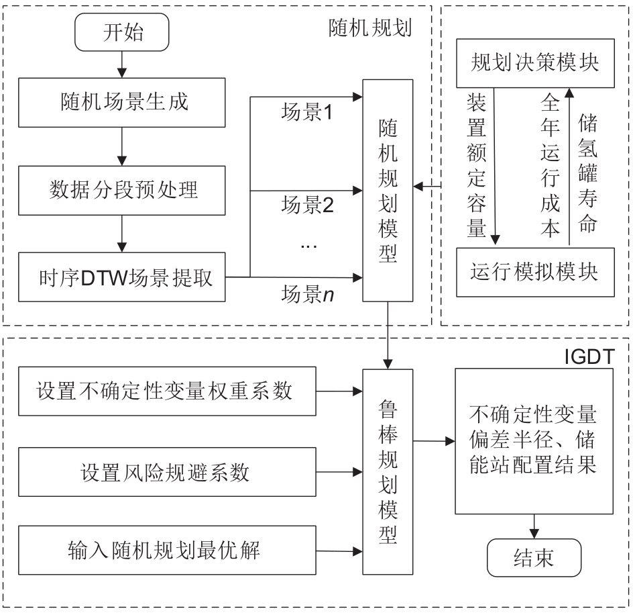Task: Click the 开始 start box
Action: pos(121,34)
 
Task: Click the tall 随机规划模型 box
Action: pos(388,191)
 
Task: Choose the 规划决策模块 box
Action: pos(535,63)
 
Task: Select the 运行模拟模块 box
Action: pos(535,273)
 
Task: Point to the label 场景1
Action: pos(306,113)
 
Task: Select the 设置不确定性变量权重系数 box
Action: pos(166,391)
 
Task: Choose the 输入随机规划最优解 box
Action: pos(166,551)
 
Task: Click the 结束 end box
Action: pos(534,560)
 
